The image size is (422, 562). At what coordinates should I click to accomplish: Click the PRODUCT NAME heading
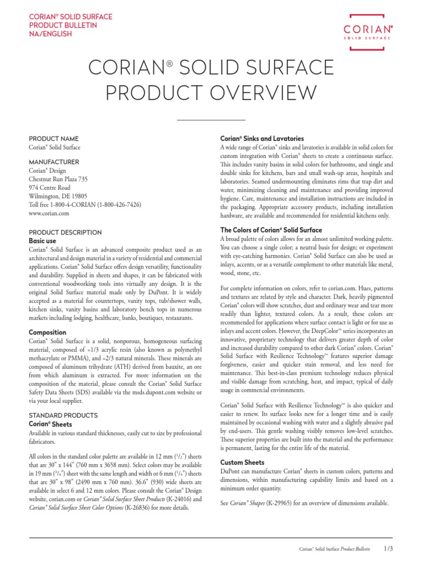(53, 139)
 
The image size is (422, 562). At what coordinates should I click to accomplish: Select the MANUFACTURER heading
(54, 162)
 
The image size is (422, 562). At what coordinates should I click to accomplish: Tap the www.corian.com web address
(49, 213)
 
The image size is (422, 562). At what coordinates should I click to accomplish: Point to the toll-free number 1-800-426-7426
(119, 204)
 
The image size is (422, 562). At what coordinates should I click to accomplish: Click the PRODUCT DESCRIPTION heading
(65, 232)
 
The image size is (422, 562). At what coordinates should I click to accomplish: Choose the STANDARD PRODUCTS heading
(63, 415)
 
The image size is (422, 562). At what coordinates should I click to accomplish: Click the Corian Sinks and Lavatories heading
(262, 139)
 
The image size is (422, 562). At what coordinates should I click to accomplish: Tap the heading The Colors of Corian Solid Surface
(271, 230)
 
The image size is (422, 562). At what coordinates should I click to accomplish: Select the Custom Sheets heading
(242, 462)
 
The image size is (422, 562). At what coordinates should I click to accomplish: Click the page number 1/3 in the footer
(388, 548)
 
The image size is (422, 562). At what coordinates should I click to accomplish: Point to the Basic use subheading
(42, 240)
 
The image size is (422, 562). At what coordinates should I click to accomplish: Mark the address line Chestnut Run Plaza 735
(58, 179)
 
